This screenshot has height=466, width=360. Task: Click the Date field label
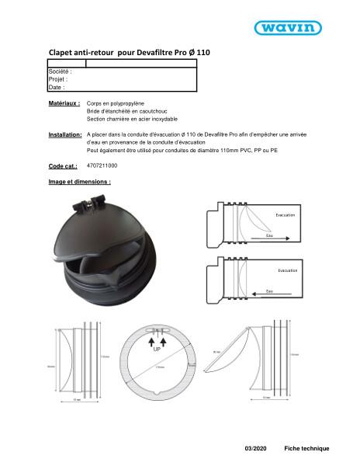click(56, 88)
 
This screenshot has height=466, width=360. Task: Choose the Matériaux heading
click(64, 103)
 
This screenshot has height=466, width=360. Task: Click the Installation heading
click(65, 135)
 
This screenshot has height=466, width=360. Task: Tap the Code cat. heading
click(63, 166)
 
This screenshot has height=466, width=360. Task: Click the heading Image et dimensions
click(79, 182)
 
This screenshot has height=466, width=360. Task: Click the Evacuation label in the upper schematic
click(287, 214)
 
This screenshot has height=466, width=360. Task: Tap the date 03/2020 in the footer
click(254, 449)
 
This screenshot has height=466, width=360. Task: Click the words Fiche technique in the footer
click(306, 449)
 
